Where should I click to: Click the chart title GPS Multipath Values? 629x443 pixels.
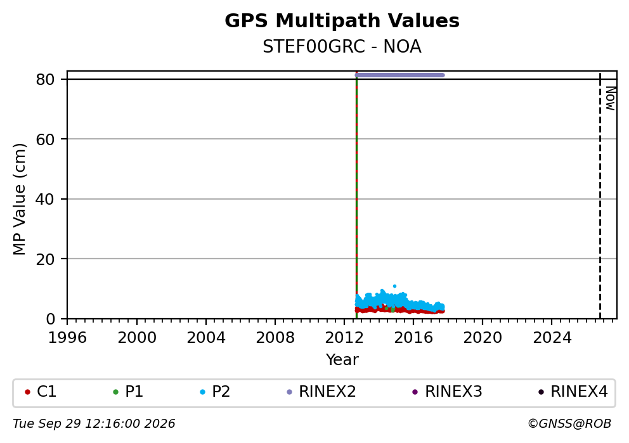(342, 21)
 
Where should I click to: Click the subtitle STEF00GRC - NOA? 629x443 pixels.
(342, 47)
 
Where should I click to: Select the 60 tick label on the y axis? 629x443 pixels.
(45, 139)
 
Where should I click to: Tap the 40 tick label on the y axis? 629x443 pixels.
(45, 199)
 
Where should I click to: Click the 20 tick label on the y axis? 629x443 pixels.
(45, 259)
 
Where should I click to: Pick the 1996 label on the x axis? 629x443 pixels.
(67, 338)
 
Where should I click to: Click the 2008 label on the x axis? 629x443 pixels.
(275, 338)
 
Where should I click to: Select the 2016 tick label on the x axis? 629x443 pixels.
(413, 338)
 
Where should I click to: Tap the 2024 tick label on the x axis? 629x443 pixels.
(552, 338)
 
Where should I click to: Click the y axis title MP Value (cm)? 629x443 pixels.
(19, 199)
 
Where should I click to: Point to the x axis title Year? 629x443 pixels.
(342, 359)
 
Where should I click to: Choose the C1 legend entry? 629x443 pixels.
(41, 392)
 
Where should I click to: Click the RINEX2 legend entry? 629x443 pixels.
(321, 392)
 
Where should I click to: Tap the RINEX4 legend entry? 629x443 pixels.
(573, 392)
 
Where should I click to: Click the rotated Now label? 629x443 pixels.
(611, 98)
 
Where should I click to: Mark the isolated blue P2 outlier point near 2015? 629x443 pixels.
(395, 286)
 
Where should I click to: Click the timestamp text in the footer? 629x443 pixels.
(94, 424)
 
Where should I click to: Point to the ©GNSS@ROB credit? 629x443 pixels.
(569, 424)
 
